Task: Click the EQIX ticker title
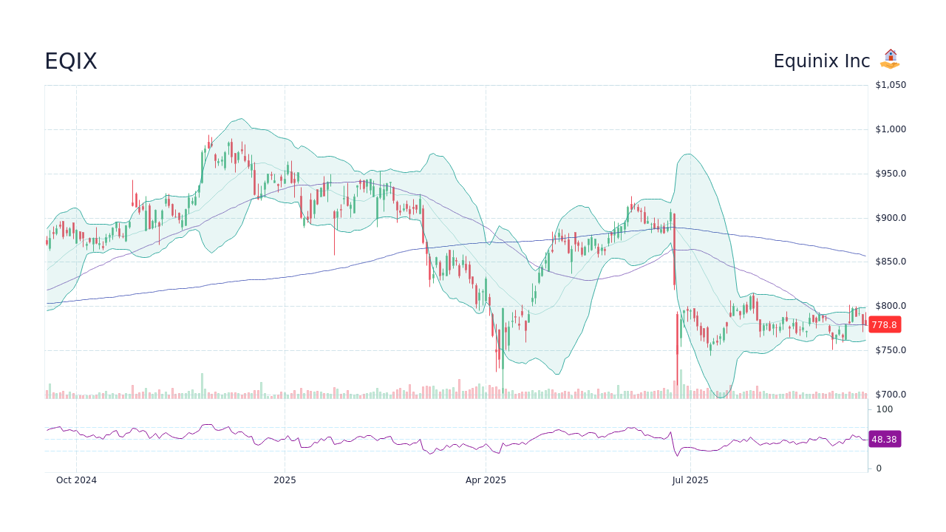71,61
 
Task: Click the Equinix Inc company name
822,61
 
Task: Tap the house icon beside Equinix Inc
891,59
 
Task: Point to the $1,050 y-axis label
891,85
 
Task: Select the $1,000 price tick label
891,129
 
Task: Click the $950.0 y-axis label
891,174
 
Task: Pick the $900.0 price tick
891,218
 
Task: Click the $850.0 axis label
891,262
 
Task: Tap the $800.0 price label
891,306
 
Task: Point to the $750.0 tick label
891,350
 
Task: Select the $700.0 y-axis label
891,395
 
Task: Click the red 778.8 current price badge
884,325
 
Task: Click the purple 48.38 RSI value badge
884,440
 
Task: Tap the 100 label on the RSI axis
885,409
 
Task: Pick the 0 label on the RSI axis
879,468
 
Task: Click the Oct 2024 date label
76,480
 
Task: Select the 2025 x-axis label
285,480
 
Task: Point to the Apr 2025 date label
486,480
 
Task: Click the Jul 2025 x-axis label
690,480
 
